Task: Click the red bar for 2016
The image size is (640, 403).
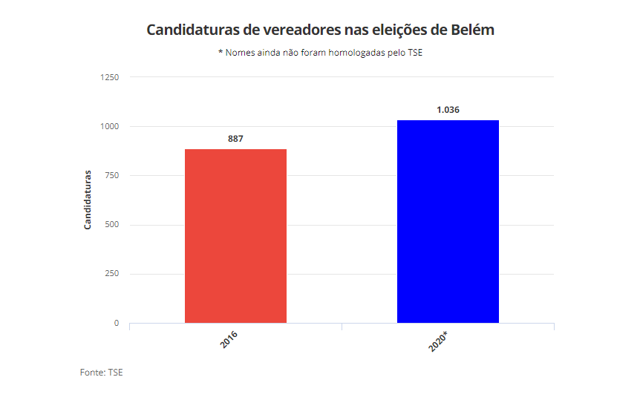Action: (235, 236)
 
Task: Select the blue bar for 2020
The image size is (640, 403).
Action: (448, 221)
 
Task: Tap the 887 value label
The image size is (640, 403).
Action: (235, 139)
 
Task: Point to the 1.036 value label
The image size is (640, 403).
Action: (448, 110)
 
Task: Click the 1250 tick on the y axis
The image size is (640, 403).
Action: (109, 77)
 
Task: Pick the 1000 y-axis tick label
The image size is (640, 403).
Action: (109, 126)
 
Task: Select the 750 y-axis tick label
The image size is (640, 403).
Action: (111, 176)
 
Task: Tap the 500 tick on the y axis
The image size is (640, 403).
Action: (111, 225)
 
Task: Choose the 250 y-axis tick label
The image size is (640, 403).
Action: (111, 274)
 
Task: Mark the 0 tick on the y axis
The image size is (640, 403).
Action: (116, 323)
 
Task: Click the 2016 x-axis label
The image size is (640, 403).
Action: (229, 341)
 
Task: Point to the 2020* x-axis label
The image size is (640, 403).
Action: (439, 342)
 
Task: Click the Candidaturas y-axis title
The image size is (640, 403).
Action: (88, 200)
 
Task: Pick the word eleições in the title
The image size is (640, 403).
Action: (402, 30)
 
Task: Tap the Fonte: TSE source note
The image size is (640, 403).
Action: (101, 372)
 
